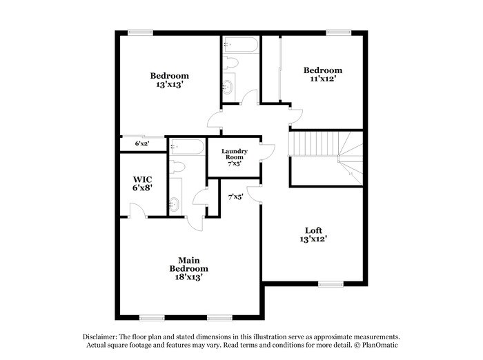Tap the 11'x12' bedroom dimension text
point(323,79)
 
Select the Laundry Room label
point(234,157)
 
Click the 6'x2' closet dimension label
point(142,143)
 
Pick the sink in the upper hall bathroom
point(229,88)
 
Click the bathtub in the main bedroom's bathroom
point(187,146)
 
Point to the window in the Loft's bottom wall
point(331,283)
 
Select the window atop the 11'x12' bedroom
point(337,31)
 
